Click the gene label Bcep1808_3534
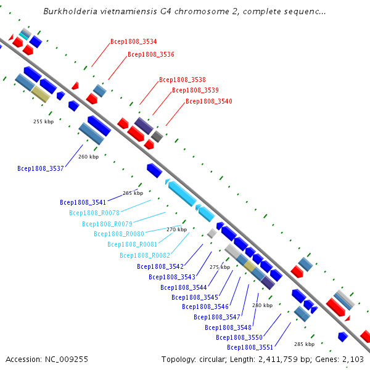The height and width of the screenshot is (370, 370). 134,41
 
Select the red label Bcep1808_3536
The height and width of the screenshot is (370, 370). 151,54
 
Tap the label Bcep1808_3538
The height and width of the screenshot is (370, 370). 183,80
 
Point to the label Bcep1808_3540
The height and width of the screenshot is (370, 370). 209,101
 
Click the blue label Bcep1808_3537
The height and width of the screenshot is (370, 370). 41,168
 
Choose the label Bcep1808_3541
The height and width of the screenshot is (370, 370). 83,202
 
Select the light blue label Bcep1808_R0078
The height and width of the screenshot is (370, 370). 94,213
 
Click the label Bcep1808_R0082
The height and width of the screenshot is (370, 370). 145,255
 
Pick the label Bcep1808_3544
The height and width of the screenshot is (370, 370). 184,287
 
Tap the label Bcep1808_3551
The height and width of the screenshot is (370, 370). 250,347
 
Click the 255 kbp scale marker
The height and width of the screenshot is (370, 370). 43,121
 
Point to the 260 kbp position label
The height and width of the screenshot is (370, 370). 88,157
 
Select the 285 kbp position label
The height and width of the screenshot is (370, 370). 305,344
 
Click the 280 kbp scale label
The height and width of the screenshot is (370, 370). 263,305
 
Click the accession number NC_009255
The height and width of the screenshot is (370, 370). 67,360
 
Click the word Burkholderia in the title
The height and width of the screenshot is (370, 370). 70,11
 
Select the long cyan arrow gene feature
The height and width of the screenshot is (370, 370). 182,194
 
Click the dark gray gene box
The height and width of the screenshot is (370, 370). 157,137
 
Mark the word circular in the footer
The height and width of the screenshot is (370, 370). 213,360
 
